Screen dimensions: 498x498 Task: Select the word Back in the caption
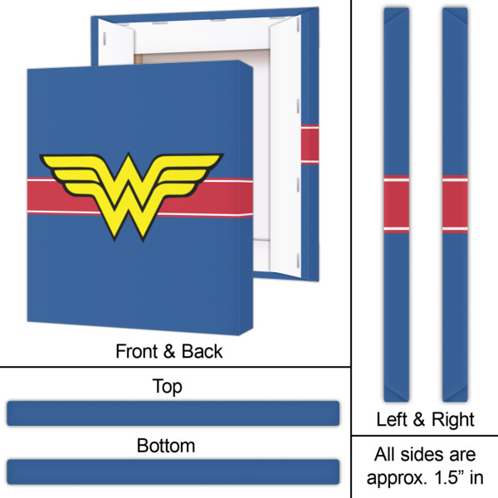point(203,352)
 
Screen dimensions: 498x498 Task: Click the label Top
point(168,387)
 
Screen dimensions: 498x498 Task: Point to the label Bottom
point(166,446)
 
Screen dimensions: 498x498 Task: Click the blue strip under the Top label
point(173,413)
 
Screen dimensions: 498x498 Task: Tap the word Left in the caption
point(392,419)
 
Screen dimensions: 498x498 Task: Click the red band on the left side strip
point(396,204)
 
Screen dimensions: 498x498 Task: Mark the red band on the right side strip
point(455,204)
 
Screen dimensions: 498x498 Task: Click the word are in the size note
point(463,455)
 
